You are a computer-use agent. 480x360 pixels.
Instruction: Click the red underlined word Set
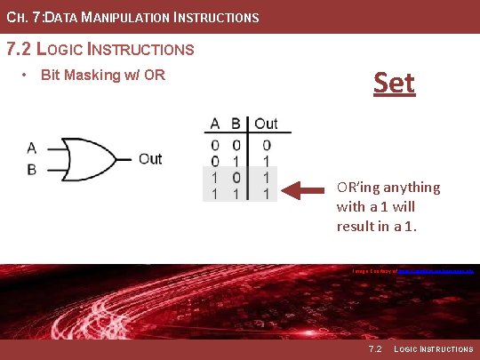394,83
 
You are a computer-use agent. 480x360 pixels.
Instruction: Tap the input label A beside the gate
32,148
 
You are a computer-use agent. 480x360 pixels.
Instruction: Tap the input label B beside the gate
32,169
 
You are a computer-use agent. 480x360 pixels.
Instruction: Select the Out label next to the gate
150,159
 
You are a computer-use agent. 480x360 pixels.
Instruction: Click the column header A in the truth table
215,124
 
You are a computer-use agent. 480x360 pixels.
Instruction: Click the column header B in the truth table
236,124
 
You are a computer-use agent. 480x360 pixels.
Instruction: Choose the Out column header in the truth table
266,124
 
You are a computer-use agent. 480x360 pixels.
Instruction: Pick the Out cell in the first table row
267,145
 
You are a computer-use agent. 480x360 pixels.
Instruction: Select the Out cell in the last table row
267,193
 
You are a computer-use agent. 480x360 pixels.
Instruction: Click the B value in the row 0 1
236,161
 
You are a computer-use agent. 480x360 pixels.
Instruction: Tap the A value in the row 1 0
215,177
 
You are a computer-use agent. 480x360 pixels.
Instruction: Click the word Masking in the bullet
92,74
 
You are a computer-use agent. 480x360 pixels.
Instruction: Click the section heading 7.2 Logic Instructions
100,49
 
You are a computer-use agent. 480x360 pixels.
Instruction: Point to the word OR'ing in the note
362,187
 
